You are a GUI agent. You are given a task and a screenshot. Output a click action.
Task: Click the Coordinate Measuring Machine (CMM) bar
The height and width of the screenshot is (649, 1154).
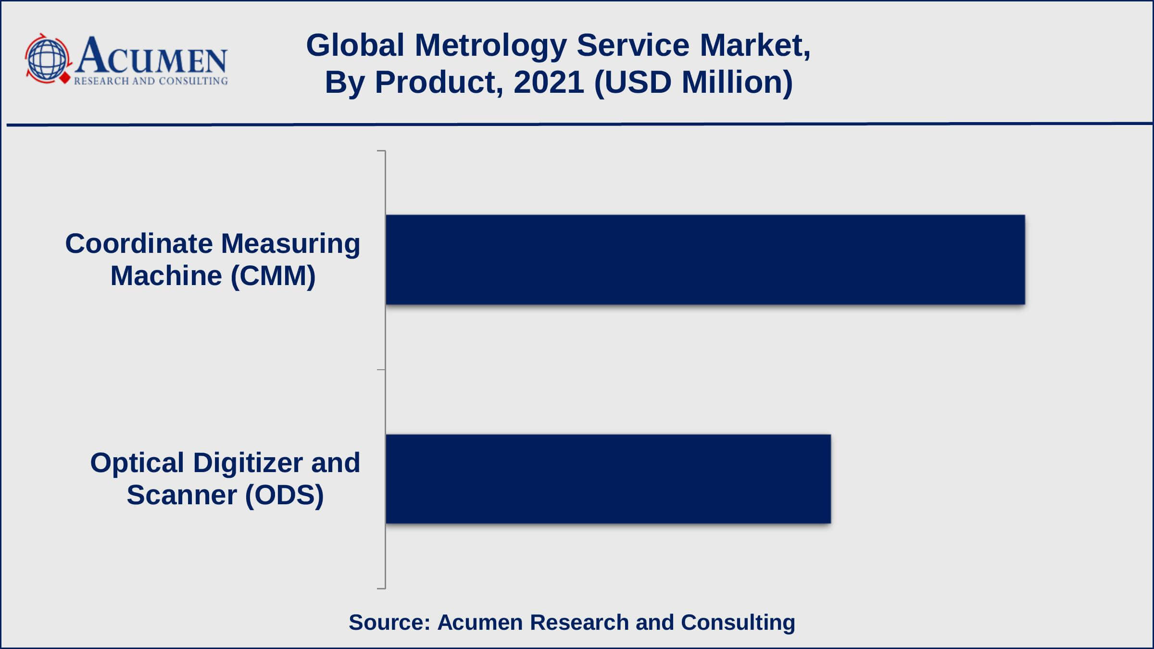[x=705, y=260]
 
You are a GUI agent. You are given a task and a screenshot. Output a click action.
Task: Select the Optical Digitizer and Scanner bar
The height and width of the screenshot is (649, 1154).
[x=608, y=479]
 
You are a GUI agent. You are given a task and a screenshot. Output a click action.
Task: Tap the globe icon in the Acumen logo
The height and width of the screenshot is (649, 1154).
[x=47, y=59]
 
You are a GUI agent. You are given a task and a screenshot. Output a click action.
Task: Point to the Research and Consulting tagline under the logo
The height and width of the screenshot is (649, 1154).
[x=151, y=81]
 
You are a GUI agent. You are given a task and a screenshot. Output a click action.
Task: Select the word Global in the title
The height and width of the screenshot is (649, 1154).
[x=355, y=46]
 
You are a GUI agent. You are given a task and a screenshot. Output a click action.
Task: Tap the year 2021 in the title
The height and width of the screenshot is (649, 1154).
[x=549, y=82]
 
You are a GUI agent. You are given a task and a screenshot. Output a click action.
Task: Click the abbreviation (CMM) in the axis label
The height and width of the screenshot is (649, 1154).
[x=273, y=276]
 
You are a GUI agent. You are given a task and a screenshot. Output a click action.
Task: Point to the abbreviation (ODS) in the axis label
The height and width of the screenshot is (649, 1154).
[x=284, y=496]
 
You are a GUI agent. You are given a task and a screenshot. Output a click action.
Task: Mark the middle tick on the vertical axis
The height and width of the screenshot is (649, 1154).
[x=381, y=370]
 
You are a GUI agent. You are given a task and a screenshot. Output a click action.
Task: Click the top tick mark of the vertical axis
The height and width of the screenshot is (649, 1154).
[x=381, y=151]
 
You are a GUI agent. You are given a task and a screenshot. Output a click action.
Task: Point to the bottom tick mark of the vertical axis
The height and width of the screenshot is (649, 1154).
[x=381, y=588]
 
